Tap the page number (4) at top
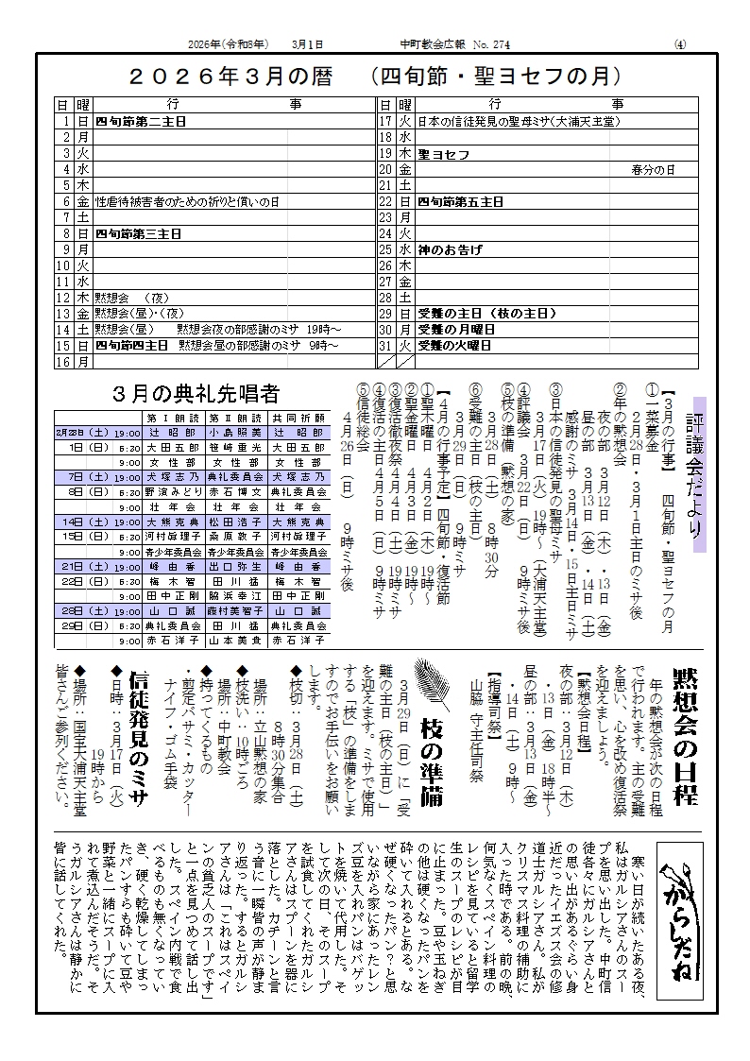pos(681,44)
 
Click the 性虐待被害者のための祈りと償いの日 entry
pos(187,201)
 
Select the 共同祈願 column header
pos(298,417)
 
